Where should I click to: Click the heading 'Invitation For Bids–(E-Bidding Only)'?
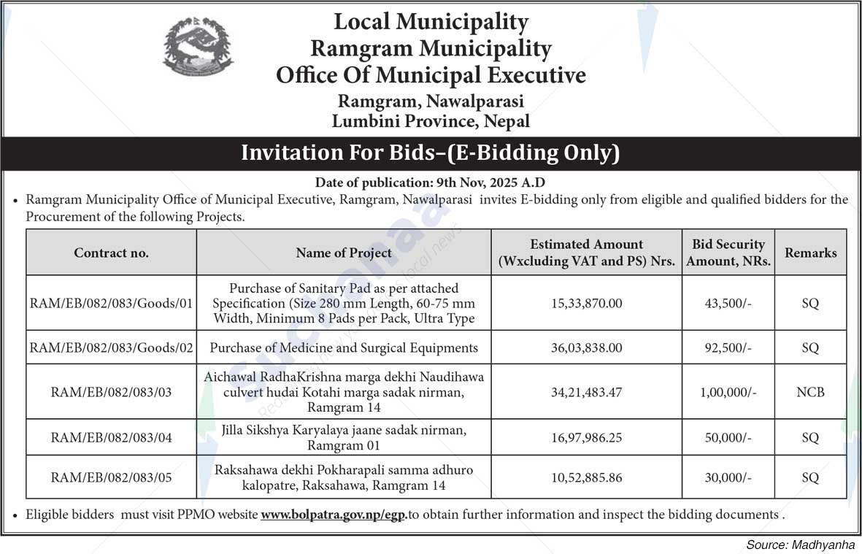pos(431,153)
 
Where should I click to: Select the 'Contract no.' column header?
pos(111,253)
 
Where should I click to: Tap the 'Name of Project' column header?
pos(344,253)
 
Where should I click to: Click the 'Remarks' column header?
pos(810,253)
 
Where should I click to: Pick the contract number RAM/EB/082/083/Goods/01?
pos(111,304)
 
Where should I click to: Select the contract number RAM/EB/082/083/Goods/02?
pos(111,348)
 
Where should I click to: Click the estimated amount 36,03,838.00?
pos(586,348)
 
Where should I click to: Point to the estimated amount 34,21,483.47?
pos(586,393)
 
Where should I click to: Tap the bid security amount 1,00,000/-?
pos(728,393)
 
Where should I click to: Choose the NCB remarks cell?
pos(810,393)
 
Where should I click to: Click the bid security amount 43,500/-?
pos(728,304)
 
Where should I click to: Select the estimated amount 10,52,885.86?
pos(586,477)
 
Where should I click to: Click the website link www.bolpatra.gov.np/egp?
pos(334,515)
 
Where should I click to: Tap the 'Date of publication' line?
pos(431,182)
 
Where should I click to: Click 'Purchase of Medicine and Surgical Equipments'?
pos(344,348)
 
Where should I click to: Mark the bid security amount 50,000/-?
pos(728,438)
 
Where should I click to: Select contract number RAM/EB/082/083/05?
pos(111,477)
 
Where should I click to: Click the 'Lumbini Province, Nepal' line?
pos(431,121)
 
